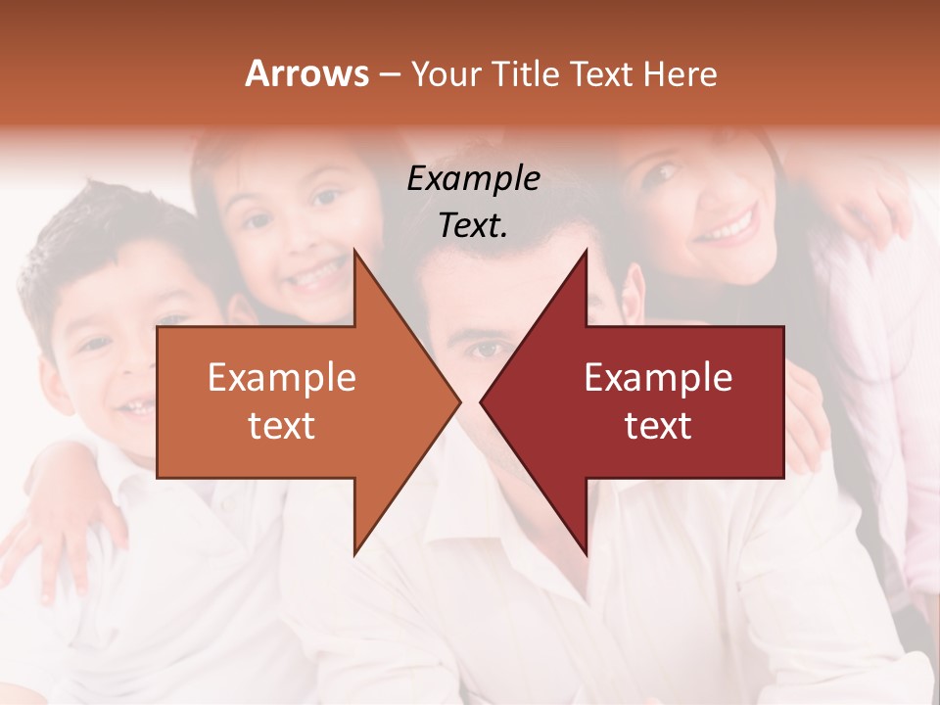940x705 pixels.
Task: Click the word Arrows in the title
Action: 307,73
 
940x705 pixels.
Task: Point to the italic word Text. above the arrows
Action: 473,225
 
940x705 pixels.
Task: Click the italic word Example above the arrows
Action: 473,178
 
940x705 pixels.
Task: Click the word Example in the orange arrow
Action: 281,378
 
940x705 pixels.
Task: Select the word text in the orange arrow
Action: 281,426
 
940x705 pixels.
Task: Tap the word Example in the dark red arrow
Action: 658,378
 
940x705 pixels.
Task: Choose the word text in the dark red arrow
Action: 658,426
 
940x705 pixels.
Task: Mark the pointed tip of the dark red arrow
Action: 483,401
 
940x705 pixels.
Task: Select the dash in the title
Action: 388,75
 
